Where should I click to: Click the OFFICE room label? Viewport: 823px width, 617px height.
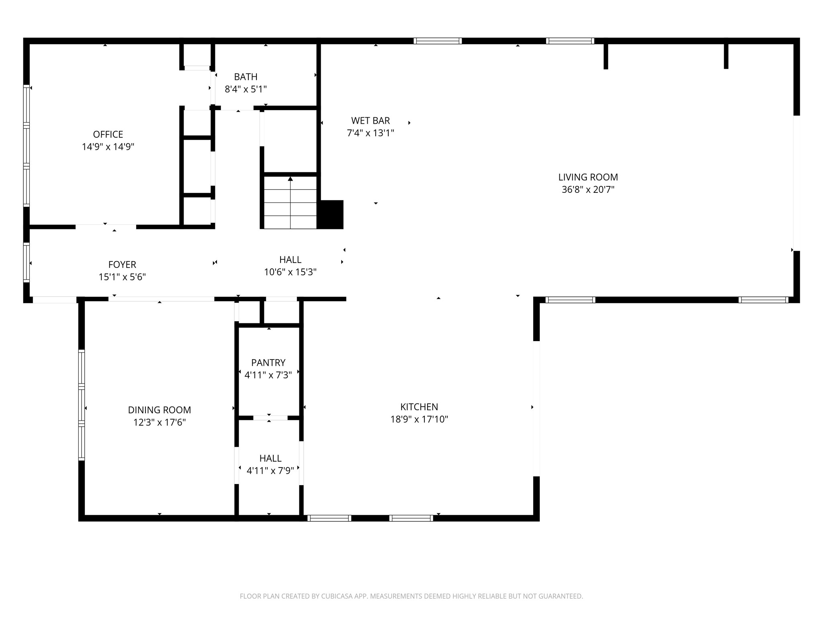[x=108, y=134]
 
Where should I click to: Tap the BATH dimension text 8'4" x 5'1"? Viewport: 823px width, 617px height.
[x=246, y=89]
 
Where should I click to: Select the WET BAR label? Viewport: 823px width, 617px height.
[x=370, y=121]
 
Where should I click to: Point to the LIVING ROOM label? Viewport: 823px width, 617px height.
[x=588, y=177]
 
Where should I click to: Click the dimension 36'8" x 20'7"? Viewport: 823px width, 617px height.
[x=588, y=190]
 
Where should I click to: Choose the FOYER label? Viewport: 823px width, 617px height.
[x=122, y=264]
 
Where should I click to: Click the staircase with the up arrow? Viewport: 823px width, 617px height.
[x=290, y=203]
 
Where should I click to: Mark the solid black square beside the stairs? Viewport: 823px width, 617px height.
[x=331, y=215]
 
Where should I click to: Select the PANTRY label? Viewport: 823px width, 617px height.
[x=268, y=363]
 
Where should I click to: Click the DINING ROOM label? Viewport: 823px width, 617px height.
[x=159, y=410]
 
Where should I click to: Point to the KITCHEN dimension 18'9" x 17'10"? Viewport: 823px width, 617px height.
[x=419, y=419]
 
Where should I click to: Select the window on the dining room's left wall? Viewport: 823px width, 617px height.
[x=82, y=405]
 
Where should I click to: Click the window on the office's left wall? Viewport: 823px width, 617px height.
[x=27, y=145]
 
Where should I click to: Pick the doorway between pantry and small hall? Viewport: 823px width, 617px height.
[x=270, y=418]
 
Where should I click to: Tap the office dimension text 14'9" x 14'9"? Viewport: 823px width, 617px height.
[x=108, y=147]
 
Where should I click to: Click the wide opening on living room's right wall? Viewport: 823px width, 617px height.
[x=796, y=183]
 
